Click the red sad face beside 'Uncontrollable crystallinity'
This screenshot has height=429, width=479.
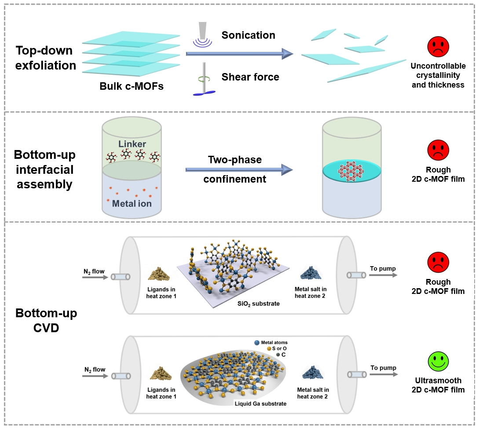(x=438, y=47)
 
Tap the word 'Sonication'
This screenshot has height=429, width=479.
(x=248, y=35)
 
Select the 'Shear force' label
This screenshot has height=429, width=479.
(x=250, y=77)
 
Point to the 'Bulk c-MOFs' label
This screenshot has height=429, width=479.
(x=132, y=86)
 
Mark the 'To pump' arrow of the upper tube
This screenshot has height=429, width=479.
(x=382, y=275)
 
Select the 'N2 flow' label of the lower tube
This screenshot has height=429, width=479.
(x=95, y=370)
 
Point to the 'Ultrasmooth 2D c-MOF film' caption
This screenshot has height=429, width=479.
(x=438, y=384)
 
